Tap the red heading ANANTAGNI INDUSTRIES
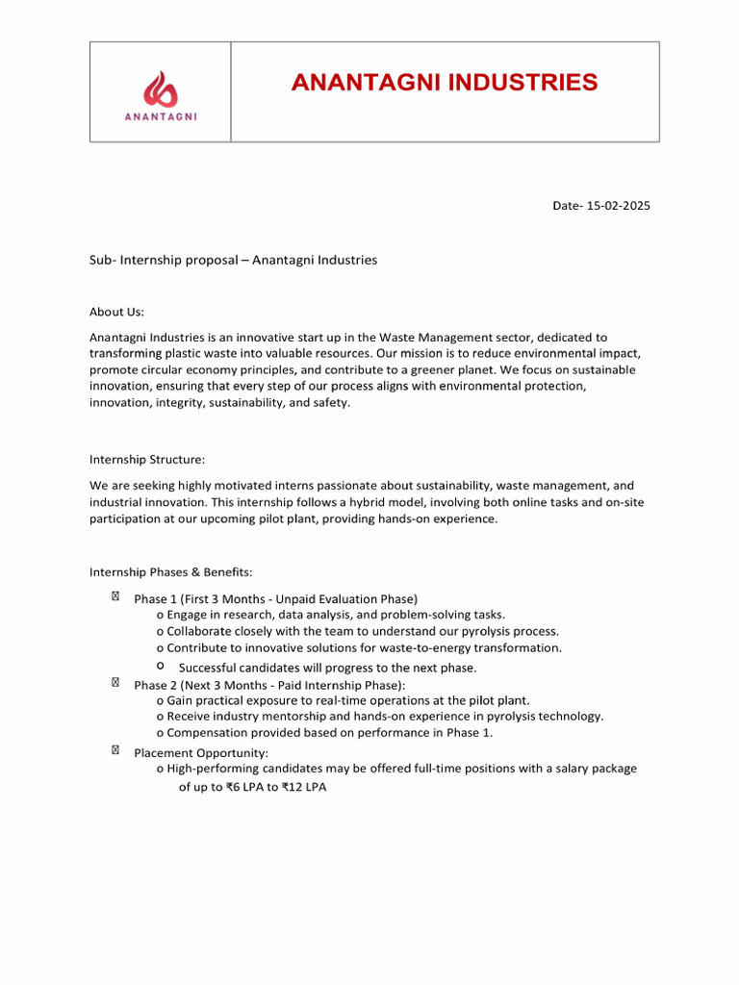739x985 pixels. point(445,83)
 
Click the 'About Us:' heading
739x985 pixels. point(116,312)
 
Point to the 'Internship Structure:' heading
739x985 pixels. point(147,460)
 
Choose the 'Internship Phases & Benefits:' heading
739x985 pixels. point(171,571)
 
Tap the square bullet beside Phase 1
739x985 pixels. point(115,596)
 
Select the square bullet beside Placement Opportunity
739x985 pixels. point(115,750)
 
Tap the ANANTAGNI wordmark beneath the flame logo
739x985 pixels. point(161,118)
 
